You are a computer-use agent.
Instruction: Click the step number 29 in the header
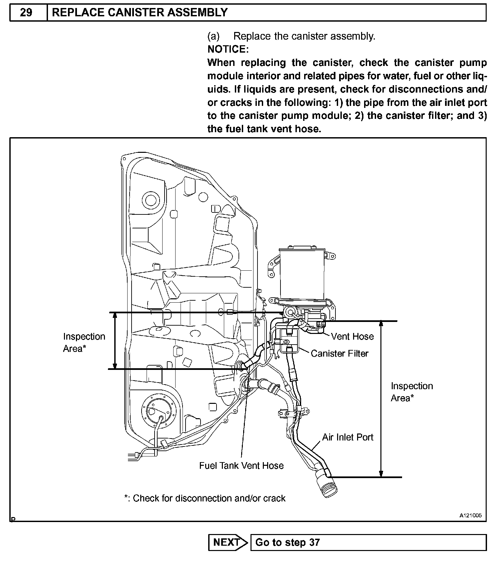[26, 13]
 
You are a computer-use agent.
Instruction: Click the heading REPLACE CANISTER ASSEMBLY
[140, 13]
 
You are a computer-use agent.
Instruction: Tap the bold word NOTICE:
[228, 49]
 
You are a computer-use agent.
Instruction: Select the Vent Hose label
[352, 336]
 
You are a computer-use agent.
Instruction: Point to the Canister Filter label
[339, 353]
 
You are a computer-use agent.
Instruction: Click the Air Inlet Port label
[347, 437]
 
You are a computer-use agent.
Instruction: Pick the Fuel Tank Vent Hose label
[241, 465]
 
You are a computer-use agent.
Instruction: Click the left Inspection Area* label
[84, 342]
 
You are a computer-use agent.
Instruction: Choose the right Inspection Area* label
[411, 392]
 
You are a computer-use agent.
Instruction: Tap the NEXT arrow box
[228, 542]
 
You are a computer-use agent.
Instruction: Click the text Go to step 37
[287, 542]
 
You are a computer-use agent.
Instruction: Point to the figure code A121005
[471, 515]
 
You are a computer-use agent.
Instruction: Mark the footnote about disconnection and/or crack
[205, 498]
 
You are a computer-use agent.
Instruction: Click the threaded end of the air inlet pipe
[328, 484]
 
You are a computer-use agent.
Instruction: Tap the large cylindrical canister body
[302, 273]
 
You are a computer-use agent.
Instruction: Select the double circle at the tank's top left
[151, 200]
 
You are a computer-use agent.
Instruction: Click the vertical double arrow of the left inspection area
[115, 341]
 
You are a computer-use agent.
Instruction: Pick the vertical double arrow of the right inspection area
[381, 399]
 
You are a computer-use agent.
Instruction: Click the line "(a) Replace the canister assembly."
[291, 36]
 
